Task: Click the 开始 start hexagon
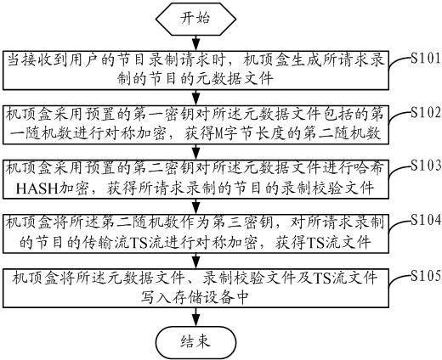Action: [195, 19]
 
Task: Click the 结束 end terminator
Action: [195, 342]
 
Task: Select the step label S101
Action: [426, 59]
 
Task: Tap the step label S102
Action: [426, 113]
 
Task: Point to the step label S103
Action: [426, 166]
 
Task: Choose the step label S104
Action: [426, 220]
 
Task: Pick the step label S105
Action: [426, 275]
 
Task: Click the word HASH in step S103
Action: [37, 188]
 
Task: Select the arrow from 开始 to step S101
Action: [195, 42]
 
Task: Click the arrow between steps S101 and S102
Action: [195, 98]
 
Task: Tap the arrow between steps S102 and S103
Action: [195, 151]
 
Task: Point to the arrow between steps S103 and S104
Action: [195, 205]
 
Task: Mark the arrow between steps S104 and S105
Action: [195, 260]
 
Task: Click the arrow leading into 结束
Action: [195, 316]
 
